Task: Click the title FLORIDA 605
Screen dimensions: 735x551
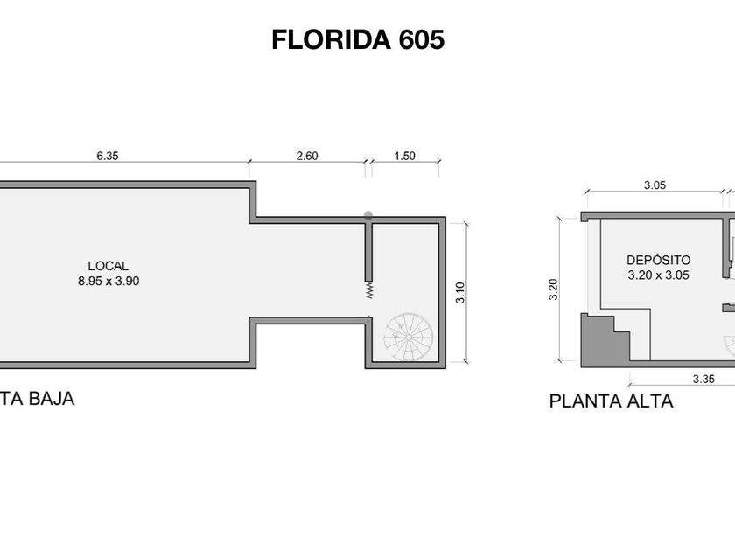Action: (358, 39)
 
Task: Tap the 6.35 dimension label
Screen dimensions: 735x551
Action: (108, 156)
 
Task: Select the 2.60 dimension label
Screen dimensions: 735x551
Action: (307, 156)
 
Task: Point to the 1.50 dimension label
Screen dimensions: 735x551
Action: (404, 156)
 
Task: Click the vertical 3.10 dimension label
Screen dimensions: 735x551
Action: (460, 292)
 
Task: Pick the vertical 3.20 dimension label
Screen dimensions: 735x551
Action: (554, 289)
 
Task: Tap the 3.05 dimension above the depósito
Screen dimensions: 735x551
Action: (654, 185)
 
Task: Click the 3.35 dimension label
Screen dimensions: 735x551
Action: (703, 379)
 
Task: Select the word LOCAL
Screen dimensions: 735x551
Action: (108, 266)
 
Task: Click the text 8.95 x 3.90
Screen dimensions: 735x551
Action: (108, 281)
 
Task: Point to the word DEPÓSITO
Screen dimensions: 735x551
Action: (659, 260)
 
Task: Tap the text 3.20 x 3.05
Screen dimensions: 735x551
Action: (659, 275)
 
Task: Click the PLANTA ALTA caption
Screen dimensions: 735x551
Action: (612, 401)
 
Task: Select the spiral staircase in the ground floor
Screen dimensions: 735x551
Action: (409, 338)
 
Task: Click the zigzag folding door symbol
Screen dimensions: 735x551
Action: (369, 290)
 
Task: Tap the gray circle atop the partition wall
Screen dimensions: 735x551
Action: (368, 215)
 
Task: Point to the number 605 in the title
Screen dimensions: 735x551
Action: (422, 39)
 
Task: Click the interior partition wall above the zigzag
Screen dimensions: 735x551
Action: (368, 252)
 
